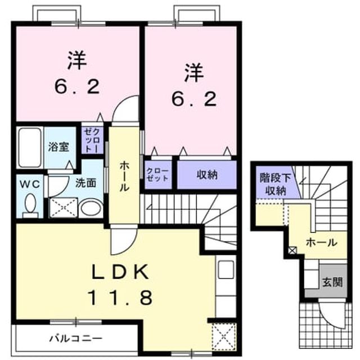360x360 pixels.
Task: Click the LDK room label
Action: coord(120,272)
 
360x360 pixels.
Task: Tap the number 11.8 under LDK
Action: coord(120,297)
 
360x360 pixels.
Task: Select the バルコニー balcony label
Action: coord(76,338)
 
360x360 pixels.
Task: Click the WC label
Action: coord(30,184)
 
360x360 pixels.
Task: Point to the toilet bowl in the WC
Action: coord(30,205)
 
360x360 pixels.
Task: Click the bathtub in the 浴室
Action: coord(30,148)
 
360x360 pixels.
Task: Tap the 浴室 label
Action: coord(58,147)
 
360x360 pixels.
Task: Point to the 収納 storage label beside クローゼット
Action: coord(206,175)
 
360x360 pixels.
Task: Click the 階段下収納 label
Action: coord(275,184)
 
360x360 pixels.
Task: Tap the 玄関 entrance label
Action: coord(332,282)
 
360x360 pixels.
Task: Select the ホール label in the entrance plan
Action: coord(322,242)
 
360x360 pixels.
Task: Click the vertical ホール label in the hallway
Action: coord(124,176)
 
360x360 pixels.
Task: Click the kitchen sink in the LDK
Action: coord(226,269)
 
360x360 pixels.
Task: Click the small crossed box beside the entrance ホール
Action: coord(292,250)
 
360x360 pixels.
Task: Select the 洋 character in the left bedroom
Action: coord(77,60)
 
